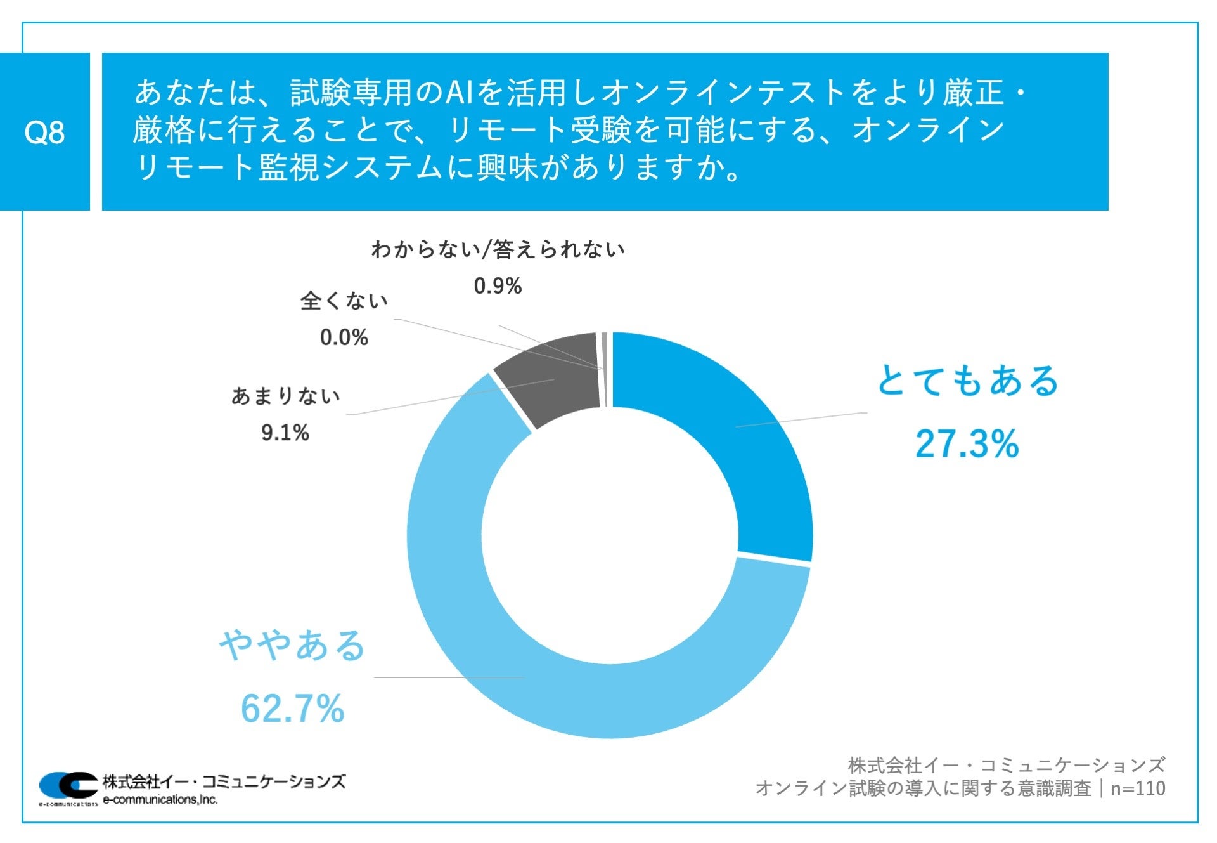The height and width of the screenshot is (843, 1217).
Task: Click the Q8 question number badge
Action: click(x=44, y=132)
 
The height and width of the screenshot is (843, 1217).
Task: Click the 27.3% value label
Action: click(x=967, y=443)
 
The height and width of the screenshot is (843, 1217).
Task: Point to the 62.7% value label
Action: click(x=292, y=709)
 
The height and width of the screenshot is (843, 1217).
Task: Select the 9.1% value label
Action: click(x=285, y=433)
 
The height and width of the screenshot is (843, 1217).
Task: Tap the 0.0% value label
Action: click(x=344, y=337)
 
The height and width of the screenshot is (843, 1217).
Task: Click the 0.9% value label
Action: click(x=498, y=286)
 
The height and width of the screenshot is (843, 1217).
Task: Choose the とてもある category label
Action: click(x=967, y=381)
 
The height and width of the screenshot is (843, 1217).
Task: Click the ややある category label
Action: click(x=292, y=646)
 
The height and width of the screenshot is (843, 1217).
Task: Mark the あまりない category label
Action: click(x=285, y=396)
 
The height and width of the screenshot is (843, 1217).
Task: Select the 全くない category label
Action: click(x=344, y=301)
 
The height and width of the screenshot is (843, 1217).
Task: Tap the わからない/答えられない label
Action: click(x=498, y=249)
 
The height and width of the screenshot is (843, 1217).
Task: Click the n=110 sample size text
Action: click(x=1138, y=788)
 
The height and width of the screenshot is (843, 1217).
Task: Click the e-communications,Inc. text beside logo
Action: click(x=160, y=800)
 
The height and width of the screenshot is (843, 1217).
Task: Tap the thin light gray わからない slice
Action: click(x=605, y=368)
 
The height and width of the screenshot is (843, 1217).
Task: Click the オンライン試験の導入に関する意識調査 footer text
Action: click(x=923, y=788)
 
